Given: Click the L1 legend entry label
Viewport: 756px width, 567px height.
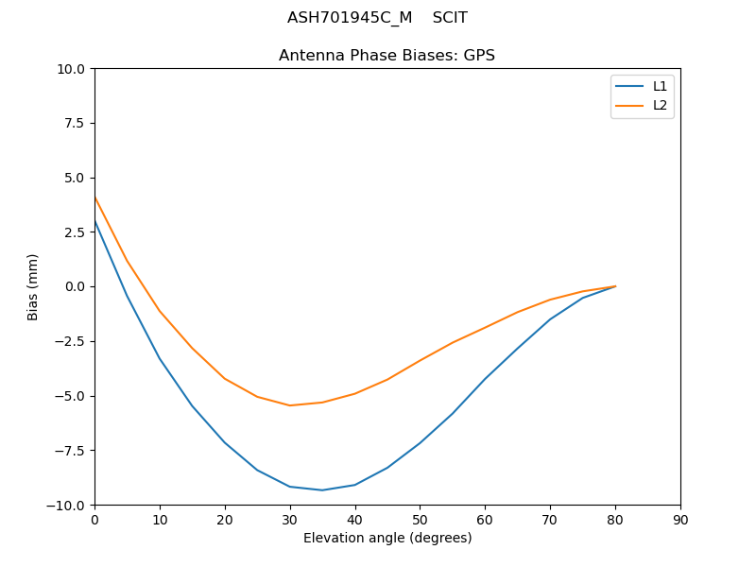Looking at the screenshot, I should [x=660, y=86].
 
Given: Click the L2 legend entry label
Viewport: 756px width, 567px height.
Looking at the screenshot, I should [x=660, y=105].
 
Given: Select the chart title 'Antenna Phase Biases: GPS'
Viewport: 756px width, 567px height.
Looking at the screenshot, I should [x=387, y=56].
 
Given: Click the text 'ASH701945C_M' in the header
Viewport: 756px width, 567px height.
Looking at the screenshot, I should [x=350, y=18].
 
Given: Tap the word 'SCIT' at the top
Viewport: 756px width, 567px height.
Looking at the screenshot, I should [x=450, y=18].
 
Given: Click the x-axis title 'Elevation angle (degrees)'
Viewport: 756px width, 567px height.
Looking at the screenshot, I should [x=387, y=539].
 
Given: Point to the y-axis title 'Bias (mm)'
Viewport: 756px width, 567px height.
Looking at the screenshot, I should [x=33, y=286].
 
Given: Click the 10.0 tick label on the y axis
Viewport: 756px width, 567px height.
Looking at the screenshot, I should [x=71, y=69].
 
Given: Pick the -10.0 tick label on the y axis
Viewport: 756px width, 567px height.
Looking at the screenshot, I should [x=67, y=505].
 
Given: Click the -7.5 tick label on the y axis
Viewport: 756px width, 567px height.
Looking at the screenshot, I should [x=71, y=450].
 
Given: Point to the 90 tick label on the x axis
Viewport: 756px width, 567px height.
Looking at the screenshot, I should [x=680, y=520].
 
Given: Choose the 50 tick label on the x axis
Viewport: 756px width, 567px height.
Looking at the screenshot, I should [x=420, y=520].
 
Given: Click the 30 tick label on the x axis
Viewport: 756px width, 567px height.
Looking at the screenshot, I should [x=290, y=520].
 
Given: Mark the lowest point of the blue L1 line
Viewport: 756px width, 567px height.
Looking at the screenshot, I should [x=322, y=490].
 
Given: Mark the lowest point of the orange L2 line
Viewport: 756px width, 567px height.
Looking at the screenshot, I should [x=290, y=405].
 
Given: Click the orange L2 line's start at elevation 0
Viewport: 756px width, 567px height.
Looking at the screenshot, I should [x=94, y=197].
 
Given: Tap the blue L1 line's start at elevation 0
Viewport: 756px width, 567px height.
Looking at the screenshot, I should [x=94, y=220].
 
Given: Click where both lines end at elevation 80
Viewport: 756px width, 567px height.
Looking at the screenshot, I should [x=615, y=286].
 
